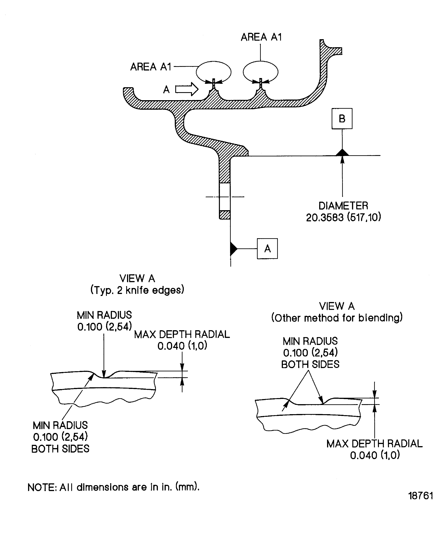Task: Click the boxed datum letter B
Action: [x=342, y=119]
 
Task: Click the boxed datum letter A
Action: [x=267, y=249]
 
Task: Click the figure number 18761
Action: [x=421, y=503]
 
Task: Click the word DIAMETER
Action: [x=343, y=206]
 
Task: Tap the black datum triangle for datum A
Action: [x=234, y=249]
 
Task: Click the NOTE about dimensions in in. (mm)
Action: [x=113, y=487]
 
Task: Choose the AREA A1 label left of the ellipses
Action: [x=150, y=67]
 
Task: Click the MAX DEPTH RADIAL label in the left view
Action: [x=182, y=340]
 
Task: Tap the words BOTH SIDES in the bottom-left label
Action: [x=60, y=449]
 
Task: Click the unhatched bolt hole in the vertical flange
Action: [x=225, y=197]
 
